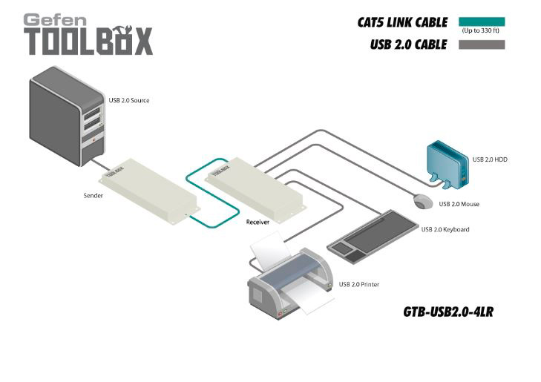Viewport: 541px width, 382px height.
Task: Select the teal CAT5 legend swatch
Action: (x=481, y=22)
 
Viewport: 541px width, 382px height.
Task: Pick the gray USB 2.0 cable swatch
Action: (x=481, y=45)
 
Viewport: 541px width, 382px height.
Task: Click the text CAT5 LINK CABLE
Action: (x=401, y=22)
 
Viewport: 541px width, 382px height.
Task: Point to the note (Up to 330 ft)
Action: (x=481, y=31)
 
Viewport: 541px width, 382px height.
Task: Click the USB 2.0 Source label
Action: (x=129, y=100)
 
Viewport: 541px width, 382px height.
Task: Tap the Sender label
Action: (x=94, y=197)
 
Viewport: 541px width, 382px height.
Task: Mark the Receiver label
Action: (x=258, y=221)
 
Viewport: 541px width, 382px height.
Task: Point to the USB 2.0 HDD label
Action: (x=490, y=159)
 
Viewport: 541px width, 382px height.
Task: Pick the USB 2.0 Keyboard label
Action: (x=445, y=229)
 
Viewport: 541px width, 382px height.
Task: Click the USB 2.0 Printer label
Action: (x=360, y=283)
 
